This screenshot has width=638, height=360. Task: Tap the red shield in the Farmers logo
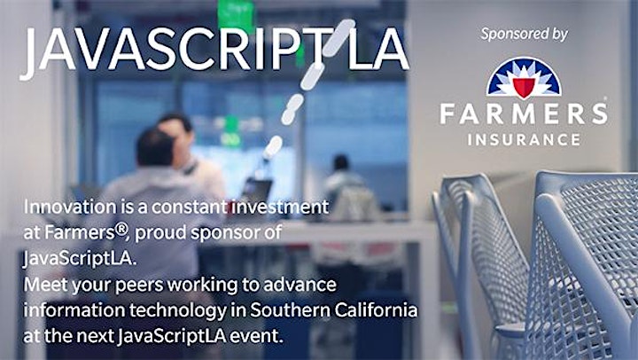pyautogui.click(x=524, y=87)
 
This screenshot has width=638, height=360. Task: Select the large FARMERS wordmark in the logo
pyautogui.click(x=524, y=113)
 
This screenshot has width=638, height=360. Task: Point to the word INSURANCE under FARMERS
pyautogui.click(x=524, y=140)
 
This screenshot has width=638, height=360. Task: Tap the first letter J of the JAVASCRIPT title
pyautogui.click(x=28, y=54)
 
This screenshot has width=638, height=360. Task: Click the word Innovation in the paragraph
pyautogui.click(x=70, y=207)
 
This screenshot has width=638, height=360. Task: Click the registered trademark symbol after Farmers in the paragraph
pyautogui.click(x=121, y=230)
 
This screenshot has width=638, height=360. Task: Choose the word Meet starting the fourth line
pyautogui.click(x=45, y=285)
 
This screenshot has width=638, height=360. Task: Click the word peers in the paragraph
pyautogui.click(x=139, y=286)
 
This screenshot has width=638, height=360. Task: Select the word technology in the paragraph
pyautogui.click(x=177, y=311)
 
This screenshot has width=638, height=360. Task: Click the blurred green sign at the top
pyautogui.click(x=236, y=15)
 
